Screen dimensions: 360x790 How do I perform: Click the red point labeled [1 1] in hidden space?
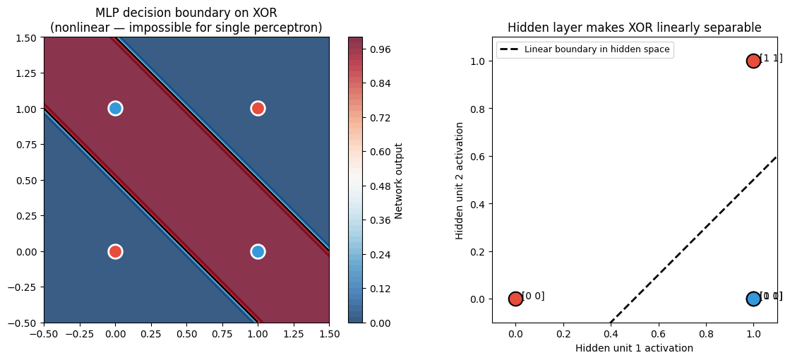[753, 61]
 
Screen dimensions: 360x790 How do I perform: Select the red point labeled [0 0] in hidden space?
[515, 299]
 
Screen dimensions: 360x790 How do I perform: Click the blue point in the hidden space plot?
[753, 299]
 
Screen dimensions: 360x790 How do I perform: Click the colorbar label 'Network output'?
[399, 180]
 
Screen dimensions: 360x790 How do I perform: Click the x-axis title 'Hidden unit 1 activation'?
[634, 348]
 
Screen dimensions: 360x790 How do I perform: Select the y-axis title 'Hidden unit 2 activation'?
[460, 180]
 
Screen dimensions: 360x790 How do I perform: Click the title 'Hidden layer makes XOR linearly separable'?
[634, 28]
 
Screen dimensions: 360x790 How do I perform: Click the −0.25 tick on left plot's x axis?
[79, 334]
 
